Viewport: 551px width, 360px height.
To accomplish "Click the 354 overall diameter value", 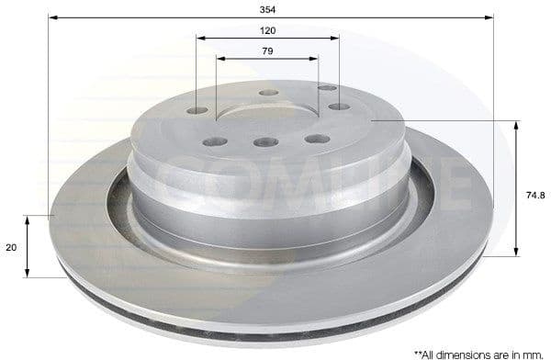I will coord(268,8).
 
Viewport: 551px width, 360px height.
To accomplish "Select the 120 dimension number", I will coord(268,30).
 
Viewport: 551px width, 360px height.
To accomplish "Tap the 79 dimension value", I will coord(267,51).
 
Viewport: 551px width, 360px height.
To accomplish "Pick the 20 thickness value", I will coord(12,247).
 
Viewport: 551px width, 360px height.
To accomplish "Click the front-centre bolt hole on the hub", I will coord(266,142).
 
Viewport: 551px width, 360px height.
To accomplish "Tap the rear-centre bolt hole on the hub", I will coord(268,93).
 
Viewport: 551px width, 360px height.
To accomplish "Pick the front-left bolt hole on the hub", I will coord(215,141).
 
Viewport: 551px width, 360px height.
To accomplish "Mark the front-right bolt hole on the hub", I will coord(317,139).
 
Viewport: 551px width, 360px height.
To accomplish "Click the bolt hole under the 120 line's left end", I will coord(198,111).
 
